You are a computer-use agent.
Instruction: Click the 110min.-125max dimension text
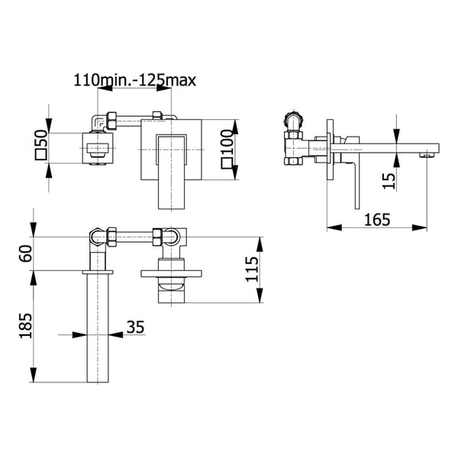pos(134,80)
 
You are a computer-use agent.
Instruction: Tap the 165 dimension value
pos(377,220)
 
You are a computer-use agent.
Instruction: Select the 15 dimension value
pos(389,181)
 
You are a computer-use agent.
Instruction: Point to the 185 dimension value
pos(26,326)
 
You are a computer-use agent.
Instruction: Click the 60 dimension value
pos(26,253)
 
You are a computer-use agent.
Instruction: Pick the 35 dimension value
pos(135,327)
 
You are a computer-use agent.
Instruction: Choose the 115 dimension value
pos(252,269)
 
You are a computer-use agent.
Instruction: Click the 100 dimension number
pos(227,142)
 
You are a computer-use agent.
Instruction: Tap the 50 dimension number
pos(40,138)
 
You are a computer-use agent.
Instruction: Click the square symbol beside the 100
pos(227,163)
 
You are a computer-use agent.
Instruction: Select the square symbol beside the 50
pos(40,154)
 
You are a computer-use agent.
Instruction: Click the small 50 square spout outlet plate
pos(97,148)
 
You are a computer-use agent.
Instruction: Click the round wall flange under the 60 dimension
pos(98,273)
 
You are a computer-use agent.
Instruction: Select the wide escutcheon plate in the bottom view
pos(171,273)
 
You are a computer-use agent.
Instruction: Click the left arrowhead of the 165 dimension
pos(334,227)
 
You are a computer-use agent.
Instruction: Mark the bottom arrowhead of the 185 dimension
pos(34,375)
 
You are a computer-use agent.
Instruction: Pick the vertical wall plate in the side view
pos(330,150)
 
